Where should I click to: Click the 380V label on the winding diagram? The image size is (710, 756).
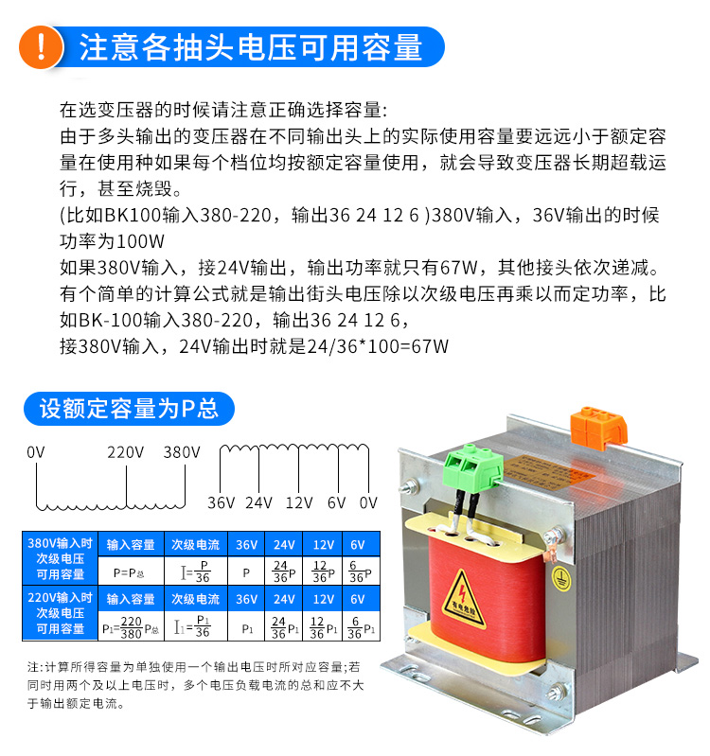(182, 452)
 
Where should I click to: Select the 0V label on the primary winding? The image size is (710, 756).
(36, 452)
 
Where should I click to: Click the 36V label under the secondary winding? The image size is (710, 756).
(221, 501)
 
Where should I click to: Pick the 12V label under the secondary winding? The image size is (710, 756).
(298, 501)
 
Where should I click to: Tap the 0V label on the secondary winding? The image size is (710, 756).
(368, 501)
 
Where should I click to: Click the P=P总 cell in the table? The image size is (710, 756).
(130, 572)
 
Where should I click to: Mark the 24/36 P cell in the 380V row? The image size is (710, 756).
(283, 572)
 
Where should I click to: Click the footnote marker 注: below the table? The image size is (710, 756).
(36, 666)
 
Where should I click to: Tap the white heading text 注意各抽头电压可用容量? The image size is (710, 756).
(250, 47)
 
